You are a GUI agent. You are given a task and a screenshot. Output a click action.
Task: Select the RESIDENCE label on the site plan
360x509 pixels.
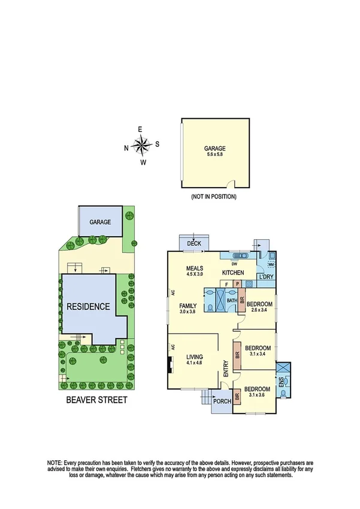88,306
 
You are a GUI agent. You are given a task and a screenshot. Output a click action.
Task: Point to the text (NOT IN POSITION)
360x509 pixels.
214,197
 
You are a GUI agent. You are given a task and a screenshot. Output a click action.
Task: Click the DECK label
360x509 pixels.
193,243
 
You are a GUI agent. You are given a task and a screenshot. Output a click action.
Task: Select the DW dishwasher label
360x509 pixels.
235,264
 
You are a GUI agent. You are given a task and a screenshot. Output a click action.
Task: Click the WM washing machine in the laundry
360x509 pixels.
270,264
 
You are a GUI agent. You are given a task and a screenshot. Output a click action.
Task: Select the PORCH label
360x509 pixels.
222,401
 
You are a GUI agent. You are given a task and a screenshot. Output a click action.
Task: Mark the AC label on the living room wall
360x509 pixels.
172,347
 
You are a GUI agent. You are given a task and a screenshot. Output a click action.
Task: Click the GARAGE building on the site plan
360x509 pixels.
100,222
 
